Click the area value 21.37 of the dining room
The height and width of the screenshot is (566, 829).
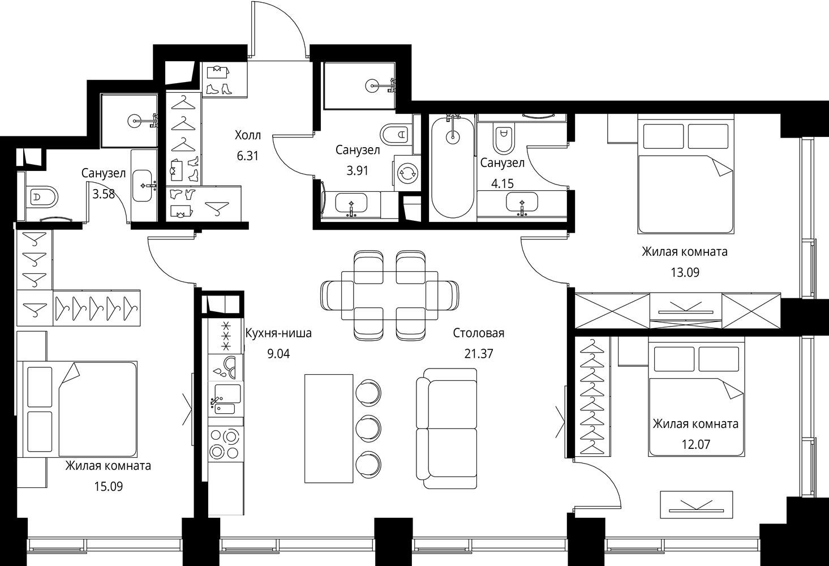(x=479, y=354)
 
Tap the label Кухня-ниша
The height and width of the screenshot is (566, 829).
(x=278, y=333)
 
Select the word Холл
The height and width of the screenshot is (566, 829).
(x=248, y=135)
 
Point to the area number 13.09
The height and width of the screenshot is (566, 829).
(x=685, y=273)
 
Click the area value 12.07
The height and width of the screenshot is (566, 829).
(x=696, y=444)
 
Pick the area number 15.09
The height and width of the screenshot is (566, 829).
(x=108, y=486)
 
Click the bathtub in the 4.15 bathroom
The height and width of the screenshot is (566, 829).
(x=453, y=167)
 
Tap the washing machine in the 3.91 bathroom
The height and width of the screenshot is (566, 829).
(x=407, y=173)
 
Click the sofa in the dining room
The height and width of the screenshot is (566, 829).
(x=446, y=428)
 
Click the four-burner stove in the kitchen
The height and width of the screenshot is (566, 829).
(x=225, y=444)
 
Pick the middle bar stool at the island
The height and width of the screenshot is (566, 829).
(x=368, y=428)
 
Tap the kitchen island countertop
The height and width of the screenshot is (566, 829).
(x=329, y=428)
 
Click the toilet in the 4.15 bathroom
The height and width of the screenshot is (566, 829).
(x=503, y=139)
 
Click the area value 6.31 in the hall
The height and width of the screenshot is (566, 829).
(x=248, y=156)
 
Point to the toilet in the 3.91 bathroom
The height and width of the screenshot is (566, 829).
(x=396, y=134)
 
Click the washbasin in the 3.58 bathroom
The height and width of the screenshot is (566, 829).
(x=143, y=186)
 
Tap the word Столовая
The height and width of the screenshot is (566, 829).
(x=479, y=333)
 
